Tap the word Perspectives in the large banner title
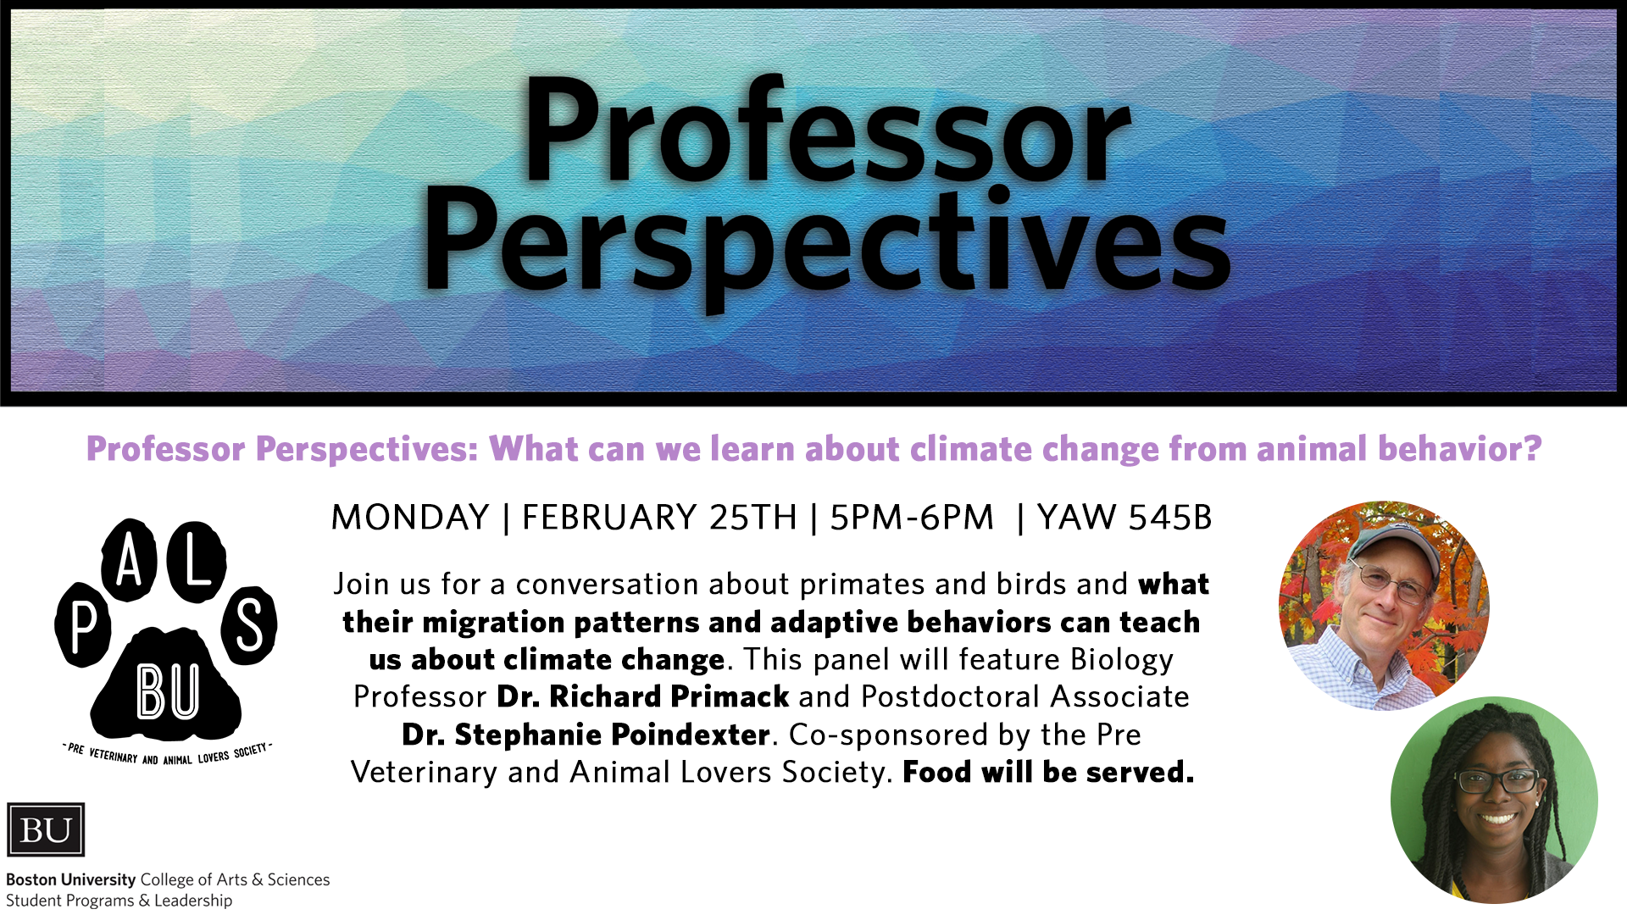click(x=826, y=246)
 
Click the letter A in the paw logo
click(x=129, y=560)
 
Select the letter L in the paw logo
click(x=197, y=560)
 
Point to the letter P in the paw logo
click(x=83, y=628)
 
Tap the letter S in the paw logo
click(x=249, y=626)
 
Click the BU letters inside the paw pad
click(x=168, y=692)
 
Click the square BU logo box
click(x=46, y=829)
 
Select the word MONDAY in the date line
click(x=410, y=517)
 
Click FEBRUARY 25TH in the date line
click(x=659, y=517)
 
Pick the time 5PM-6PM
click(x=912, y=517)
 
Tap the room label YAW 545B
click(x=1124, y=517)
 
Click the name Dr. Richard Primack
click(x=643, y=696)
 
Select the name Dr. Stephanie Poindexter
click(x=586, y=735)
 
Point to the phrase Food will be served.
click(x=1048, y=772)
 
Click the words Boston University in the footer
click(x=71, y=879)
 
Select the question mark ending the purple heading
click(x=1532, y=448)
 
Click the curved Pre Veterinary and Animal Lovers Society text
click(x=168, y=754)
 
